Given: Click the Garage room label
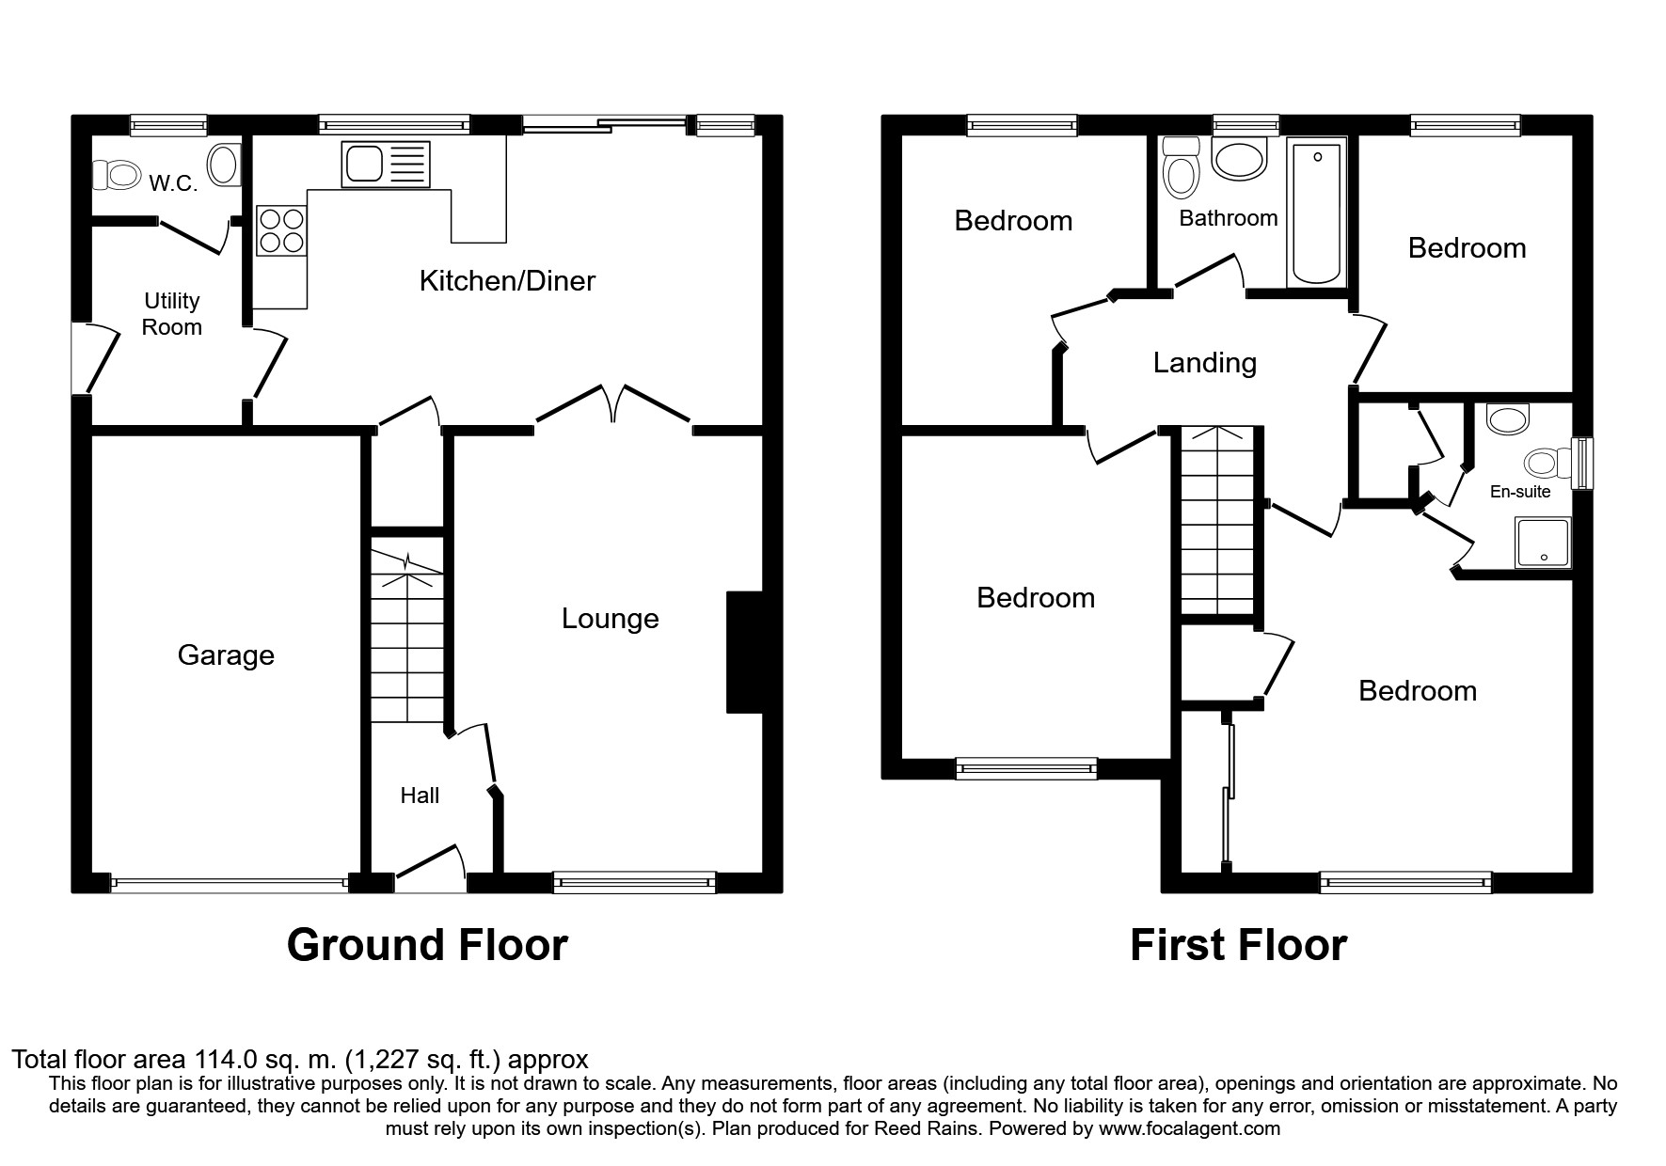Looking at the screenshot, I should point(226,655).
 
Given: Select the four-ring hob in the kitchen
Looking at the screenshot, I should point(281,230).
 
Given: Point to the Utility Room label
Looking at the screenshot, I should point(172,314).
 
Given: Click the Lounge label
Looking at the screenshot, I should point(610,619).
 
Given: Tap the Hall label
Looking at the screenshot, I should point(420,796).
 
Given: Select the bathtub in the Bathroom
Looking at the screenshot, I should point(1317,212).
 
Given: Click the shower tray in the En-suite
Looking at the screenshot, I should point(1543,543).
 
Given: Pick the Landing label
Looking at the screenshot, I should point(1204,363).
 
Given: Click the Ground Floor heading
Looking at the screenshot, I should point(427,945).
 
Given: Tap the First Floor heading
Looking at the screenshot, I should point(1238,945).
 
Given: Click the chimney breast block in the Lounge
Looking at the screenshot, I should point(744,652).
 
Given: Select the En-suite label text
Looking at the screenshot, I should point(1520,492).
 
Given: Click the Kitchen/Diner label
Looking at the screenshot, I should point(507,281).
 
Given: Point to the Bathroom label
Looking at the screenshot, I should point(1228,218).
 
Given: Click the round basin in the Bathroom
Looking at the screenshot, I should point(1240,159).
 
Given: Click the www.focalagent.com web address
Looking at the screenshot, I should point(1188,1128).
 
